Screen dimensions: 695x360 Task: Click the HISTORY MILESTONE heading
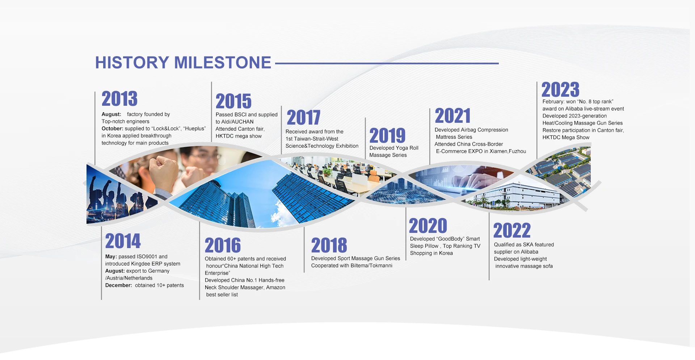click(x=183, y=63)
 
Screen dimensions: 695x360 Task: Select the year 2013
click(x=119, y=99)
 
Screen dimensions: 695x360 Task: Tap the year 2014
click(x=123, y=241)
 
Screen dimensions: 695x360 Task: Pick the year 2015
click(x=233, y=101)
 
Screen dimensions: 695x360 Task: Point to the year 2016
click(x=223, y=245)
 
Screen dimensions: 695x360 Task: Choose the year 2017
click(x=303, y=118)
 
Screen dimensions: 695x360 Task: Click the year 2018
click(x=329, y=245)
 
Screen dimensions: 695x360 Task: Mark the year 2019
click(x=387, y=136)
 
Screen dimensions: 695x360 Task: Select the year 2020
click(x=428, y=226)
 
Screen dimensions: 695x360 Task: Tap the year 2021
click(x=452, y=116)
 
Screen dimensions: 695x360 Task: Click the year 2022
click(x=512, y=230)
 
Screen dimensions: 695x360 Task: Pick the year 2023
click(x=560, y=89)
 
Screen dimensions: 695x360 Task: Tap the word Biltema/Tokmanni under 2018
click(x=371, y=265)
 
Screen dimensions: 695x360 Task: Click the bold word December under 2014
click(x=119, y=285)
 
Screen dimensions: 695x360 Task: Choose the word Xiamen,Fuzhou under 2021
click(x=508, y=151)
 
